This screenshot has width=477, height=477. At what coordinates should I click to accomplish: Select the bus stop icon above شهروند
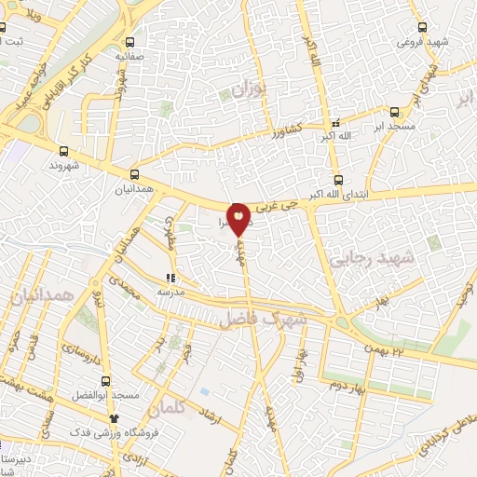click(63, 150)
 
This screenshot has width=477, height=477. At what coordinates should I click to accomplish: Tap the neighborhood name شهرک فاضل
click(263, 319)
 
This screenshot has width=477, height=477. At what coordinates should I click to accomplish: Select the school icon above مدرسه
click(170, 278)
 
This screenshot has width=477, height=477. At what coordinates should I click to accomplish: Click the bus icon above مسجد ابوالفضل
click(104, 381)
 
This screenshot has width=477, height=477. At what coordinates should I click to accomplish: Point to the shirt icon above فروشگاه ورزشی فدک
click(115, 418)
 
